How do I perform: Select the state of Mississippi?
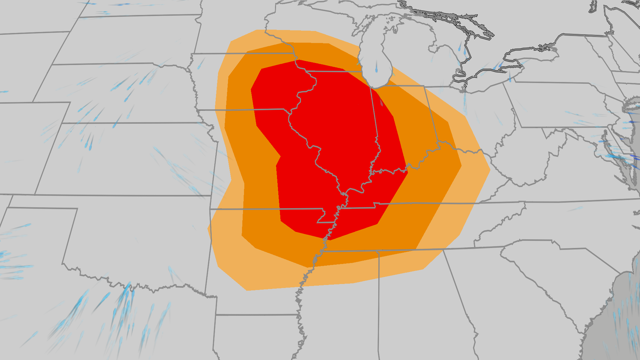click(x=343, y=300)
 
